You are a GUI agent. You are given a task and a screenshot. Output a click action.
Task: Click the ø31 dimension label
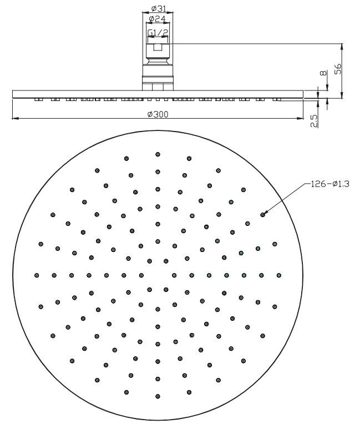158,9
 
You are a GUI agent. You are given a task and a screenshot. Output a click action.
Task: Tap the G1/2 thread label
158,34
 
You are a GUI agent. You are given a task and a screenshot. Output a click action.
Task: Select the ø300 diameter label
158,114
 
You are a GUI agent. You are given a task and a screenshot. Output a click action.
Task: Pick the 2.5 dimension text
315,120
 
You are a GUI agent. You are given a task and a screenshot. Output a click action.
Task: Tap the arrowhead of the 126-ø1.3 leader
266,211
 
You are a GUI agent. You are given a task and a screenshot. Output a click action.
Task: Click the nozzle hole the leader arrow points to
262,214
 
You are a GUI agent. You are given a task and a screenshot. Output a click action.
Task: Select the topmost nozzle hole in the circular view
158,154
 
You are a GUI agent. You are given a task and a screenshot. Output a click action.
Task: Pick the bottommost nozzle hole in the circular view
158,396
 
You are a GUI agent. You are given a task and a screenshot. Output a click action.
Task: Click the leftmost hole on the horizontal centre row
37,275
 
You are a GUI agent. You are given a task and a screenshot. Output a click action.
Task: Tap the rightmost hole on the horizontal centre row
278,275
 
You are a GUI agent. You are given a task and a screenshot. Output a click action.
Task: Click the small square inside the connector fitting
158,48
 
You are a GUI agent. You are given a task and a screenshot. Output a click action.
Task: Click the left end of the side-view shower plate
13,94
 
